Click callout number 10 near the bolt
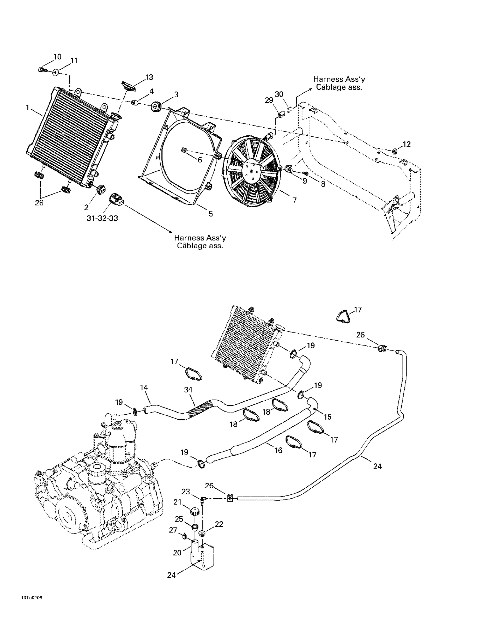click(x=57, y=57)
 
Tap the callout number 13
click(x=149, y=77)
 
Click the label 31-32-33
click(x=102, y=218)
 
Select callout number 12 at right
click(x=406, y=144)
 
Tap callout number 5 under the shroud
click(x=211, y=214)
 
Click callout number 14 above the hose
click(x=144, y=387)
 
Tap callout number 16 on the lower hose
click(x=278, y=450)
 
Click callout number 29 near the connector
click(x=269, y=100)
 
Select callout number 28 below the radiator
click(x=39, y=203)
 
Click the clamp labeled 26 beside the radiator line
click(x=382, y=348)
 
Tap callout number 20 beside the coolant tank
click(x=177, y=553)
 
